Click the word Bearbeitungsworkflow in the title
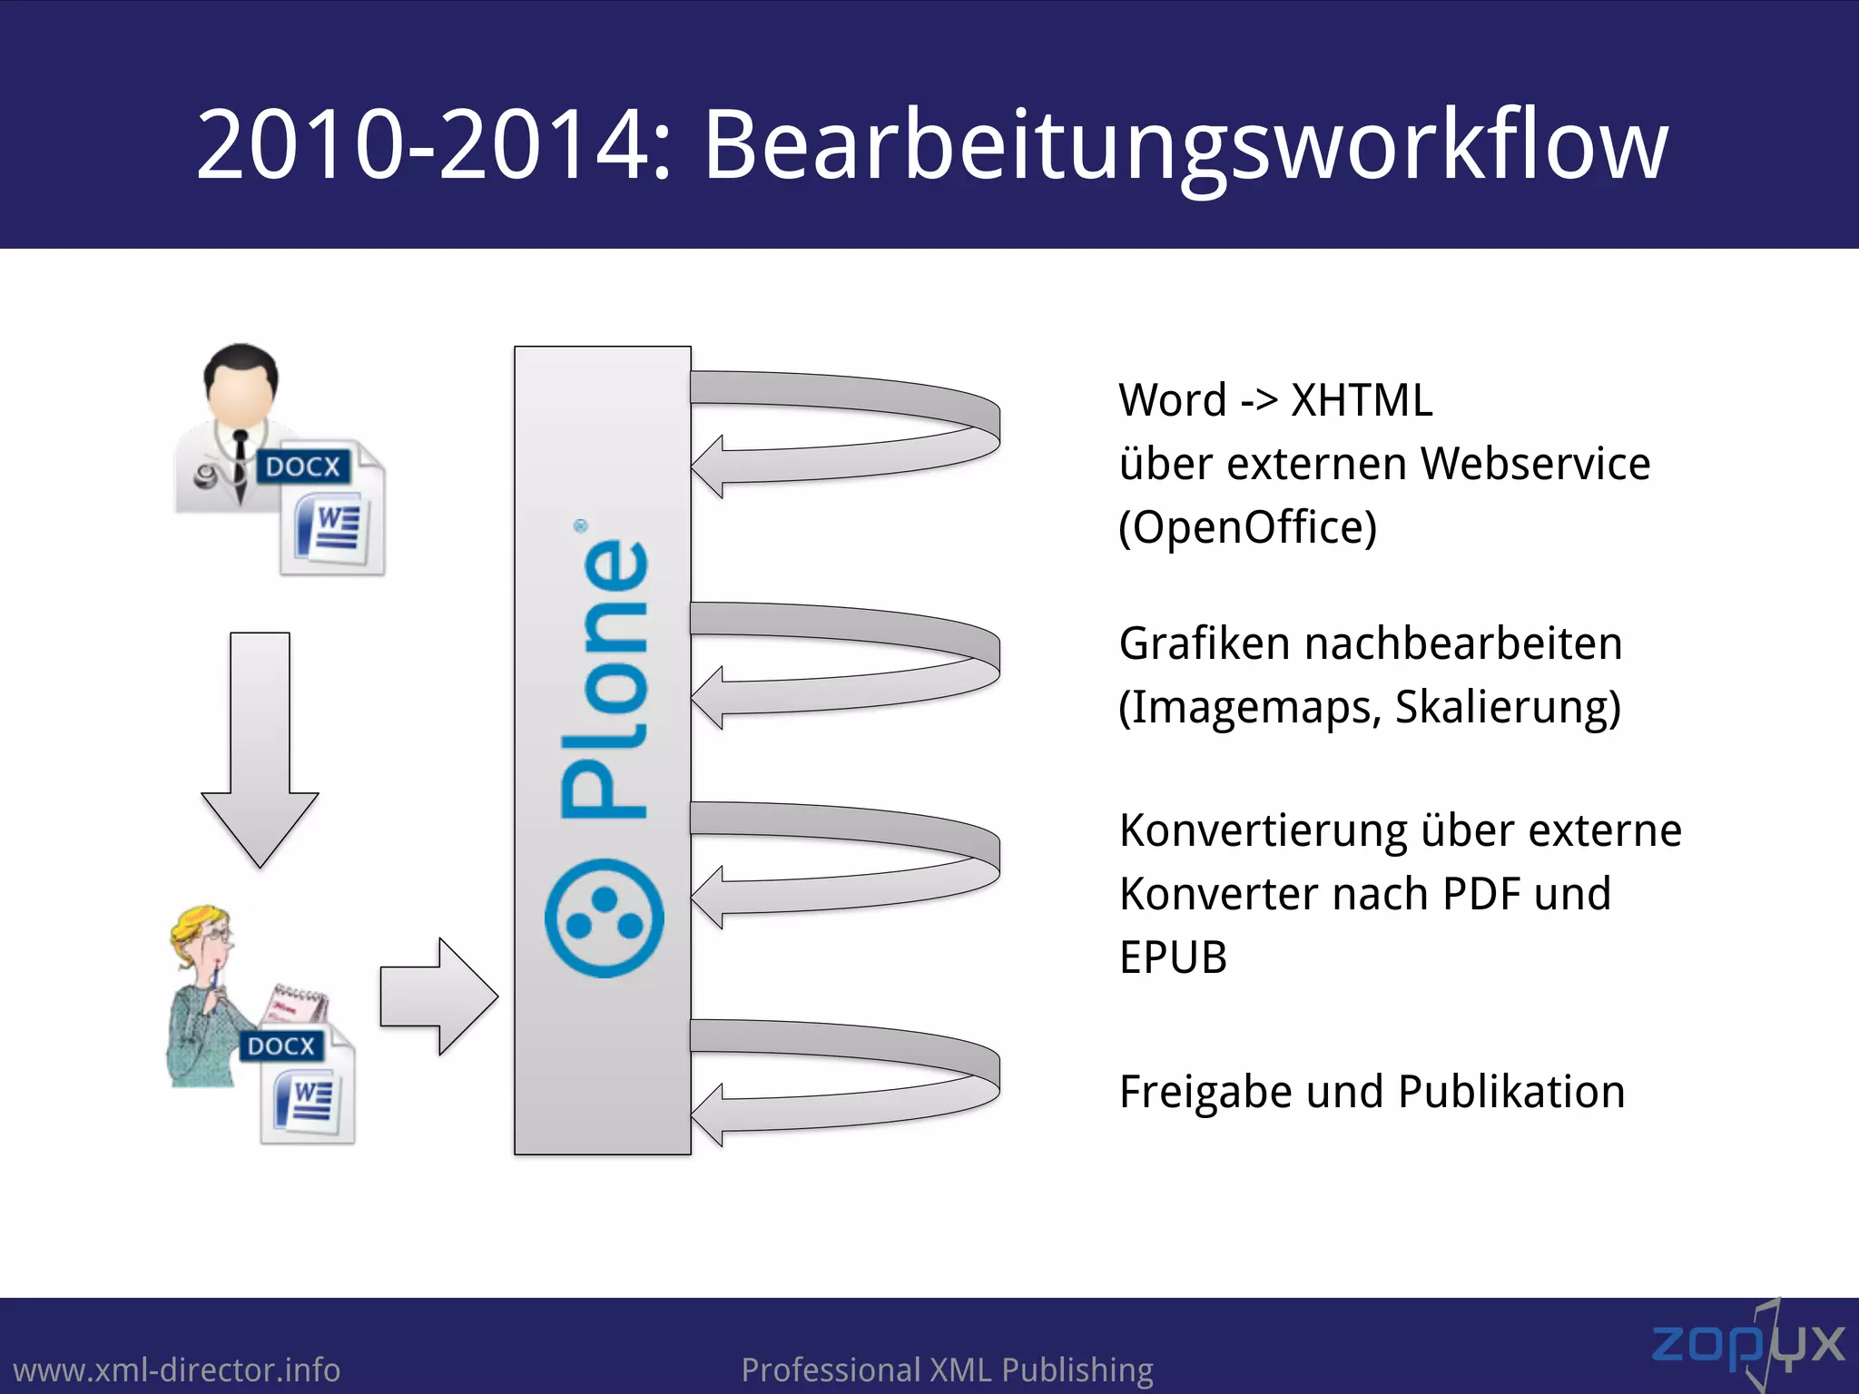tap(1185, 145)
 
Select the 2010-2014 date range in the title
tap(422, 145)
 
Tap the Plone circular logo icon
tap(604, 918)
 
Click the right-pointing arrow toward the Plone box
tap(439, 996)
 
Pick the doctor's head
tap(241, 381)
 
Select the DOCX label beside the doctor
tap(302, 466)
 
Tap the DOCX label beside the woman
tap(280, 1045)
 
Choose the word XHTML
tap(1362, 400)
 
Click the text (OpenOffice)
tap(1247, 527)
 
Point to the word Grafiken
tap(1205, 643)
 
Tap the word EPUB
tap(1173, 957)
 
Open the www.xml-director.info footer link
tap(177, 1369)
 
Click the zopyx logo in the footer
tap(1747, 1344)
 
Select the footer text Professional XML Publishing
tap(947, 1369)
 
